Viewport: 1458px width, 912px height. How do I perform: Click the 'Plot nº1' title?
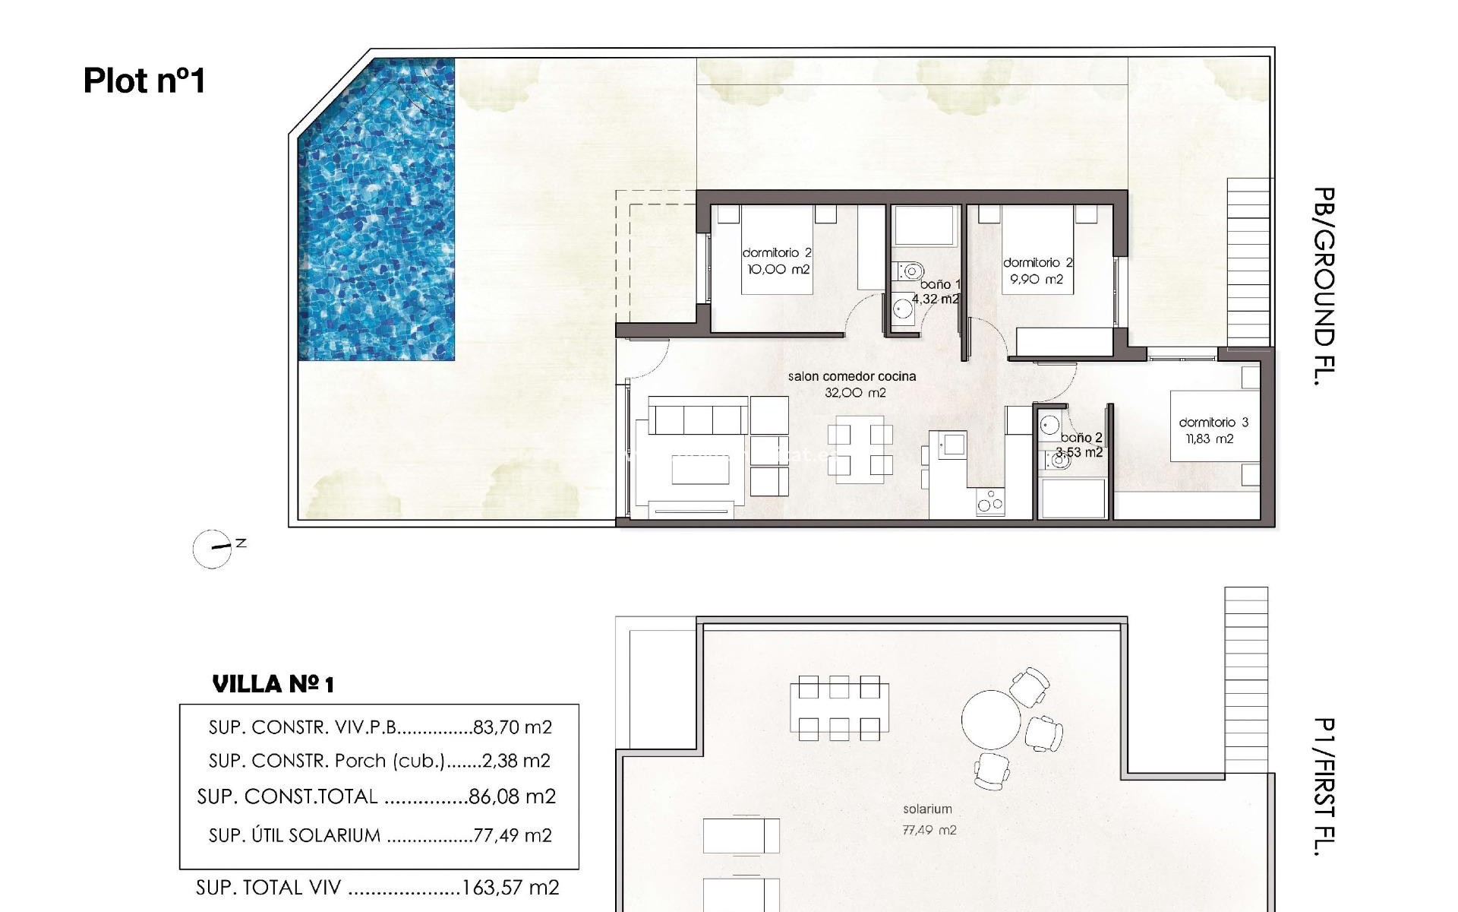[144, 81]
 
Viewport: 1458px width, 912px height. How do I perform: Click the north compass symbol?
[213, 549]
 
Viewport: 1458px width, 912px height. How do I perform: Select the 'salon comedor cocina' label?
[851, 376]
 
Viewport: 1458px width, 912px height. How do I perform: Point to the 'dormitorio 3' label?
[1213, 423]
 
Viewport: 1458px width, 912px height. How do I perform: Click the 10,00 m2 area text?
[778, 270]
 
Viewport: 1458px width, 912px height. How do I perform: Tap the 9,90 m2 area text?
[1037, 280]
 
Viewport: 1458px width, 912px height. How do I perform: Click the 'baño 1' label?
[940, 284]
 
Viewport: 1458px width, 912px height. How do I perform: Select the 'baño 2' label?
[1081, 438]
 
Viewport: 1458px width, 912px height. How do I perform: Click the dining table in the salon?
[860, 448]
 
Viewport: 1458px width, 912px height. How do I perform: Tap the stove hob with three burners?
[990, 502]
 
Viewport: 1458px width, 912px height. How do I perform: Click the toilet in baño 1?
[909, 270]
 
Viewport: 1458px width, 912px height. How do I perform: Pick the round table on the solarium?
[991, 720]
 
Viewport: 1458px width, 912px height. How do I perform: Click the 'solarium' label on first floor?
[927, 809]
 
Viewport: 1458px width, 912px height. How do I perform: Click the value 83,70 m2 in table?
[512, 727]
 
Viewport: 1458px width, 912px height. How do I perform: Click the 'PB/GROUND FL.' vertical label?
[1324, 287]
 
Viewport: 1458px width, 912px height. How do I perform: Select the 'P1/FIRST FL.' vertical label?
[1324, 787]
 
